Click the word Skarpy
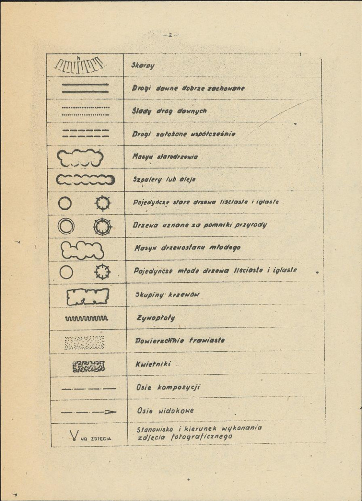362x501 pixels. [x=143, y=66]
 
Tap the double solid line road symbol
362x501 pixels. [x=85, y=88]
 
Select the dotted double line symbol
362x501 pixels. [x=85, y=111]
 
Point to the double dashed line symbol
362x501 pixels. [x=85, y=133]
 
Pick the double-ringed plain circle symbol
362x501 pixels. [x=65, y=226]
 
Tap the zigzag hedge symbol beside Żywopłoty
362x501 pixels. [x=86, y=319]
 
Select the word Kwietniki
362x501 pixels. [x=150, y=364]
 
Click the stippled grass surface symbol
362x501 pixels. [x=85, y=342]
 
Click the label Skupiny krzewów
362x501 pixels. [x=167, y=295]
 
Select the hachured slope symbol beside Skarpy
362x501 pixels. [x=79, y=65]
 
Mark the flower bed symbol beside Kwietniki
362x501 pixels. [x=88, y=366]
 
